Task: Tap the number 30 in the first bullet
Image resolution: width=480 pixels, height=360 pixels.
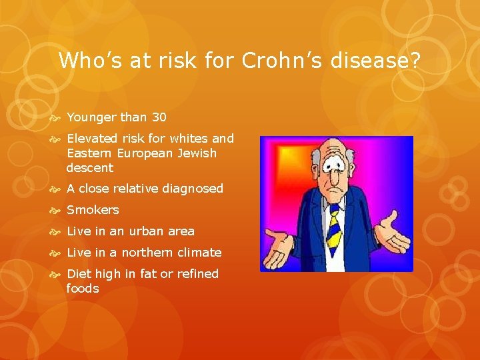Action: click(x=159, y=117)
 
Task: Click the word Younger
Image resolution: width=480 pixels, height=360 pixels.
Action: click(x=91, y=117)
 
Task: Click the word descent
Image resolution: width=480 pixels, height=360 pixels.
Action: click(x=90, y=168)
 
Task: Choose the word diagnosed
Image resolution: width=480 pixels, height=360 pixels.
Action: click(x=190, y=189)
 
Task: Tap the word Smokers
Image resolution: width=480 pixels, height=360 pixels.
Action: click(x=93, y=210)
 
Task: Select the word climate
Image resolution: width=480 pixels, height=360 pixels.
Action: click(x=199, y=253)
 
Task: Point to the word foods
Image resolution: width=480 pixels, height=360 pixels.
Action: click(x=83, y=289)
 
